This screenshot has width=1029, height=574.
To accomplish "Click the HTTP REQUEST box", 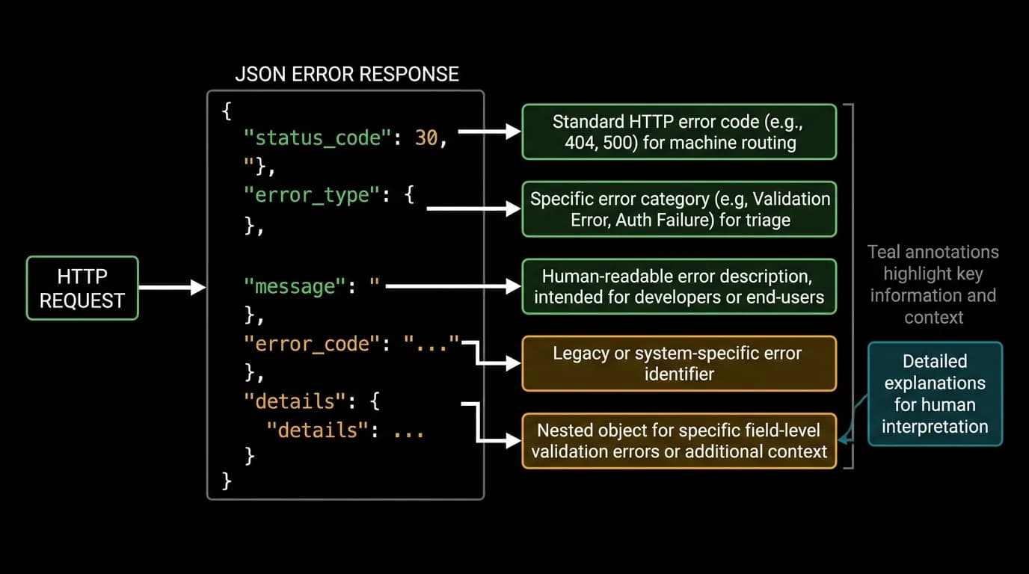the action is (82, 288).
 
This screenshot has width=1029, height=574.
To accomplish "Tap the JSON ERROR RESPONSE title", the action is (347, 74).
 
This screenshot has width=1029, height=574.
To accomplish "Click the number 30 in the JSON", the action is (426, 138).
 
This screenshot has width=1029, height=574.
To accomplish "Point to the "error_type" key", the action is (312, 195).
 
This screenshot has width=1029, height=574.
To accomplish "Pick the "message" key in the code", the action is (295, 286).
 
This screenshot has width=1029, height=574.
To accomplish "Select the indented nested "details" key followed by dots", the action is (317, 430).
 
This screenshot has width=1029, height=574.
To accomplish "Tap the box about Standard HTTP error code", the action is (679, 132).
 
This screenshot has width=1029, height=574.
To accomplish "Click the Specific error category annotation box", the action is (679, 209).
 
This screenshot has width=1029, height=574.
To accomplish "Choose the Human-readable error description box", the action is (679, 286).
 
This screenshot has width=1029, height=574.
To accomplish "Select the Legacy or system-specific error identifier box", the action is (679, 364).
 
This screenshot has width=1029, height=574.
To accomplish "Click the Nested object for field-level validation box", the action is (679, 441).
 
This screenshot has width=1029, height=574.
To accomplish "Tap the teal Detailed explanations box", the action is (935, 394).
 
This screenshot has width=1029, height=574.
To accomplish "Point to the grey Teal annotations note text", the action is (933, 285).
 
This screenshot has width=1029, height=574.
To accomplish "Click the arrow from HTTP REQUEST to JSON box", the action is (172, 288).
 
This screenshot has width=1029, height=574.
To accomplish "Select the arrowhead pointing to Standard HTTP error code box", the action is (513, 132).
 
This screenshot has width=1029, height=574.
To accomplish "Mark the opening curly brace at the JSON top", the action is (227, 111).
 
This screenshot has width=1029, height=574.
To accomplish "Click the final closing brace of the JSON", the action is (227, 481).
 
